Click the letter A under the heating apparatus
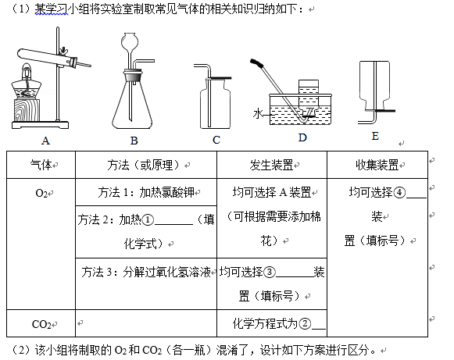pyautogui.click(x=45, y=141)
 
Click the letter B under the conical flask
pyautogui.click(x=134, y=141)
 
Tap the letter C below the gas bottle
pyautogui.click(x=216, y=140)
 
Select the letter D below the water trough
pyautogui.click(x=302, y=137)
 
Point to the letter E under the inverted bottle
pyautogui.click(x=375, y=136)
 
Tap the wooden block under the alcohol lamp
pyautogui.click(x=26, y=110)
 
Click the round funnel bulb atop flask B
pyautogui.click(x=130, y=41)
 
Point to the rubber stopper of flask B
pyautogui.click(x=133, y=75)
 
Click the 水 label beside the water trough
pyautogui.click(x=258, y=114)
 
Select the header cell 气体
pyautogui.click(x=41, y=165)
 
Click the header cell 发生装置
pyautogui.click(x=271, y=165)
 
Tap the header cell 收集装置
pyautogui.click(x=377, y=165)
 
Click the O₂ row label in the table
pyautogui.click(x=41, y=193)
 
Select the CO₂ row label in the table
pyautogui.click(x=41, y=324)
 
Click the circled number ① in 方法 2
pyautogui.click(x=148, y=220)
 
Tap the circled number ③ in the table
pyautogui.click(x=270, y=272)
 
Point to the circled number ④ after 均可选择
pyautogui.click(x=399, y=192)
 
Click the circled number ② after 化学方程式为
pyautogui.click(x=305, y=323)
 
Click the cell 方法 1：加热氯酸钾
pyautogui.click(x=146, y=192)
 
